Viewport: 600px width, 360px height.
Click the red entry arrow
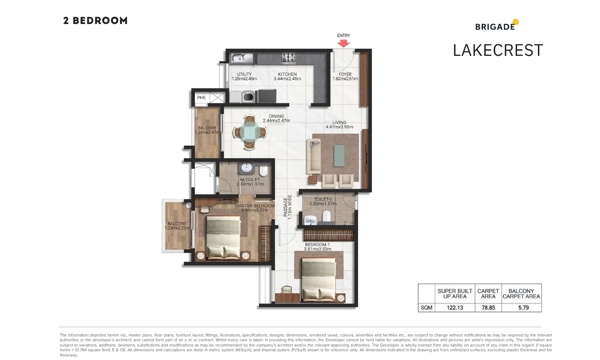coord(343,44)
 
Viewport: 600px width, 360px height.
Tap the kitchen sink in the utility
coord(242,58)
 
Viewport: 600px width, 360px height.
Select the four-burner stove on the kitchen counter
coord(288,58)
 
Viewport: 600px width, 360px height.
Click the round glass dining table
coord(250,132)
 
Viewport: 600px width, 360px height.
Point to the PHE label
coord(201,98)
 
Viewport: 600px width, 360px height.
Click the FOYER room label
coord(345,75)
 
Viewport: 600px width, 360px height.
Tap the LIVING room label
coord(339,123)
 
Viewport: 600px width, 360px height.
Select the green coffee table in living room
coord(339,155)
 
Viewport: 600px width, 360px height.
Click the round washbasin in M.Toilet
coord(247,168)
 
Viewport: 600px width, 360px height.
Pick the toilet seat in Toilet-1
coord(326,216)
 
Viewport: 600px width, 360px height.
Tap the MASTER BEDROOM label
coord(255,206)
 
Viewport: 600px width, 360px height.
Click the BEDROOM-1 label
coord(317,245)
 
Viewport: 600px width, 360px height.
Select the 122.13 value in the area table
coord(455,308)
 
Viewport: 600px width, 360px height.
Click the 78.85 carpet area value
coord(488,308)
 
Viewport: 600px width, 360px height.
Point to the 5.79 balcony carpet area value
coord(524,308)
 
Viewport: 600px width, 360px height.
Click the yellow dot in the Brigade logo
coord(515,22)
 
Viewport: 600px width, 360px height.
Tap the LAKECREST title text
coord(498,50)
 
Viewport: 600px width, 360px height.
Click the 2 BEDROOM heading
coord(95,21)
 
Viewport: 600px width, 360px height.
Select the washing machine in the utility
coord(248,96)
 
